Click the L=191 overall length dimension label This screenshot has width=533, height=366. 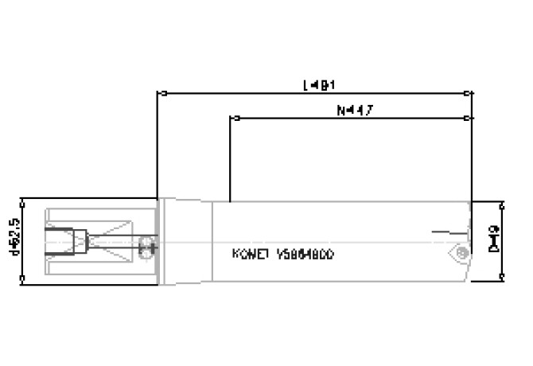point(316,84)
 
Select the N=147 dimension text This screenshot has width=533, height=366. point(351,111)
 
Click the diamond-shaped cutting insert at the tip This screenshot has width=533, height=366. point(458,254)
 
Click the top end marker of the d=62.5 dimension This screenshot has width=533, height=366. point(22,198)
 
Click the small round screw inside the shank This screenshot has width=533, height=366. point(145,244)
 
